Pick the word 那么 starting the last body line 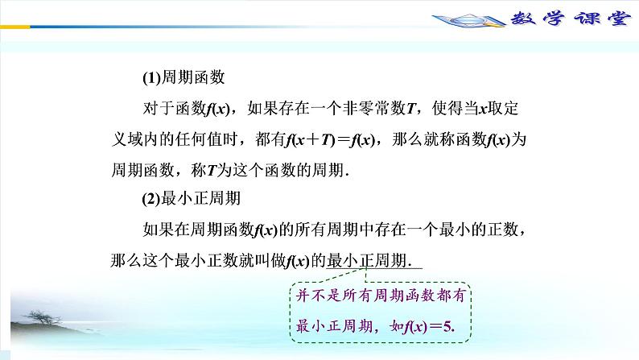pos(124,261)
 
